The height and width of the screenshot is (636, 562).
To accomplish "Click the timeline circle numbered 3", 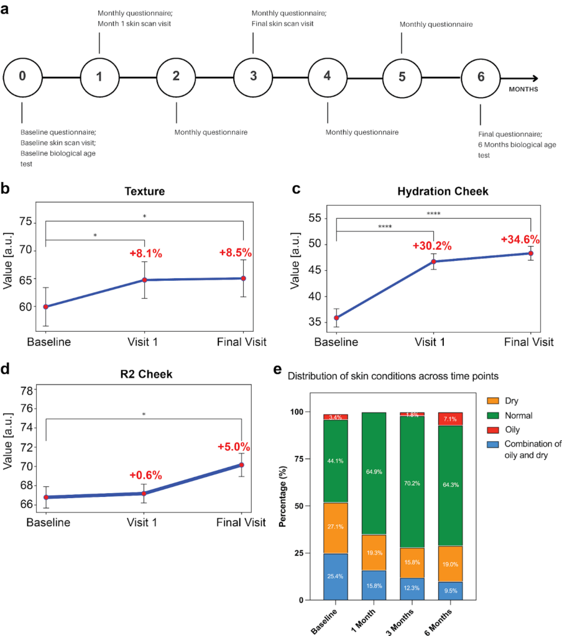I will (253, 78).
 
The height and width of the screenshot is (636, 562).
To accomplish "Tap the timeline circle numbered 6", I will (481, 78).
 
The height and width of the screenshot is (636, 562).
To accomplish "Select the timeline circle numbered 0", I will (22, 78).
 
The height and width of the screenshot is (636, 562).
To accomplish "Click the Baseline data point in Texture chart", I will (45, 307).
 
